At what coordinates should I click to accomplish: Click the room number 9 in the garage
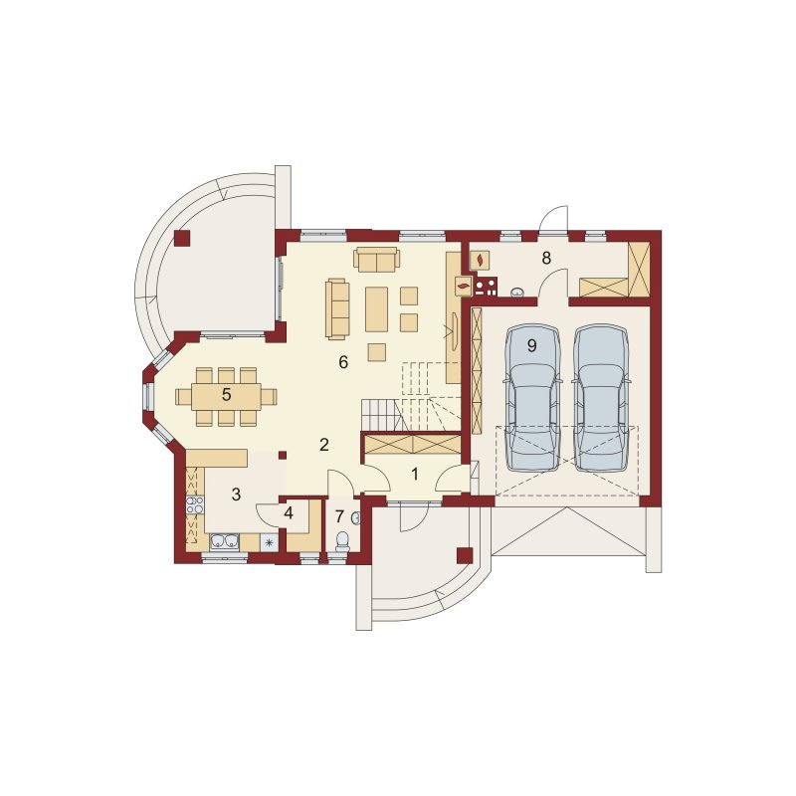[x=531, y=345]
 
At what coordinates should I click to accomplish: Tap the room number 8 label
[x=545, y=258]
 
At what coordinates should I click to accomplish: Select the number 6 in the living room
[x=343, y=362]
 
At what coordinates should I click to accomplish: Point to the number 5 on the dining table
[x=226, y=394]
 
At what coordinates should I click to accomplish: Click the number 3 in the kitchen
[x=236, y=494]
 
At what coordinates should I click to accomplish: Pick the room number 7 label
[x=339, y=516]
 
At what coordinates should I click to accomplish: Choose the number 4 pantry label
[x=289, y=513]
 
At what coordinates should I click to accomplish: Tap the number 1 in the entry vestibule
[x=415, y=475]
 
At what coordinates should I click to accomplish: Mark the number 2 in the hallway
[x=324, y=445]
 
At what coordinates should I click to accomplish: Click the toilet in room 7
[x=343, y=540]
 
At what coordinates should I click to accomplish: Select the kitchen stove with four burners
[x=195, y=504]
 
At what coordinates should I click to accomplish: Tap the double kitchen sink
[x=225, y=541]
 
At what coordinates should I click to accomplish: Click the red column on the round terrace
[x=182, y=238]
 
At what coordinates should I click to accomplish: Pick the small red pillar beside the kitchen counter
[x=283, y=455]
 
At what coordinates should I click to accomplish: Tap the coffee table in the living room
[x=377, y=309]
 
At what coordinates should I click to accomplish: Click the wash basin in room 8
[x=517, y=292]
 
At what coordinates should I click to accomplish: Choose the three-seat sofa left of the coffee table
[x=337, y=308]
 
